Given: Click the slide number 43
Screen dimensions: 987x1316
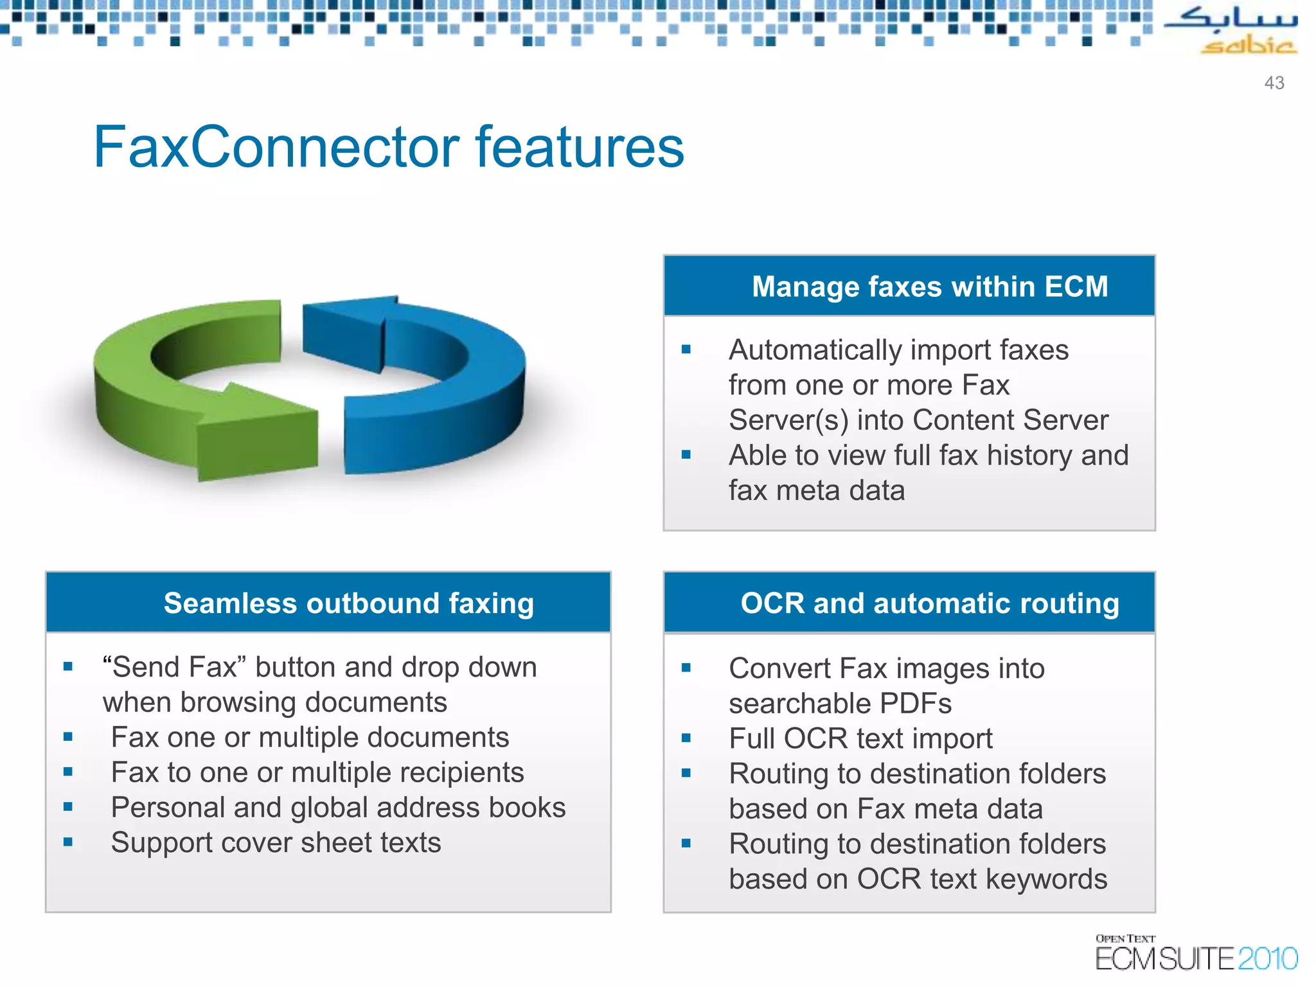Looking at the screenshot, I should pyautogui.click(x=1274, y=83).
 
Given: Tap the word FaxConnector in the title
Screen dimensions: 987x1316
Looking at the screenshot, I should pyautogui.click(x=276, y=147).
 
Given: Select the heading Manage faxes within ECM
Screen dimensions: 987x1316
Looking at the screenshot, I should pyautogui.click(x=929, y=287).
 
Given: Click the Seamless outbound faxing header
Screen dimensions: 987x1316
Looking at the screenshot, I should pyautogui.click(x=348, y=603).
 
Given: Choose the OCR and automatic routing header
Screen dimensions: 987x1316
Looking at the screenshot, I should pyautogui.click(x=929, y=603).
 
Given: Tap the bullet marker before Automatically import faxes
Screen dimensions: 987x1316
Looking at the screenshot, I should pyautogui.click(x=686, y=350).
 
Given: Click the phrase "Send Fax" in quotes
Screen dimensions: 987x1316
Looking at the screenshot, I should pyautogui.click(x=174, y=667).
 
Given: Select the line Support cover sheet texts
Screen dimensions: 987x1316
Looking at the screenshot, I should pyautogui.click(x=276, y=842).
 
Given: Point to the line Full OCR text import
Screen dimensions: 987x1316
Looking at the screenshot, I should pyautogui.click(x=860, y=738).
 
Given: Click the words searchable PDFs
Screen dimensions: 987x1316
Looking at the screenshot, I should pyautogui.click(x=840, y=704).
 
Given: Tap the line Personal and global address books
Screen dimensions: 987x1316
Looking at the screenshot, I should pyautogui.click(x=338, y=808).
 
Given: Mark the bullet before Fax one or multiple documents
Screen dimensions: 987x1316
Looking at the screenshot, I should pyautogui.click(x=68, y=737).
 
